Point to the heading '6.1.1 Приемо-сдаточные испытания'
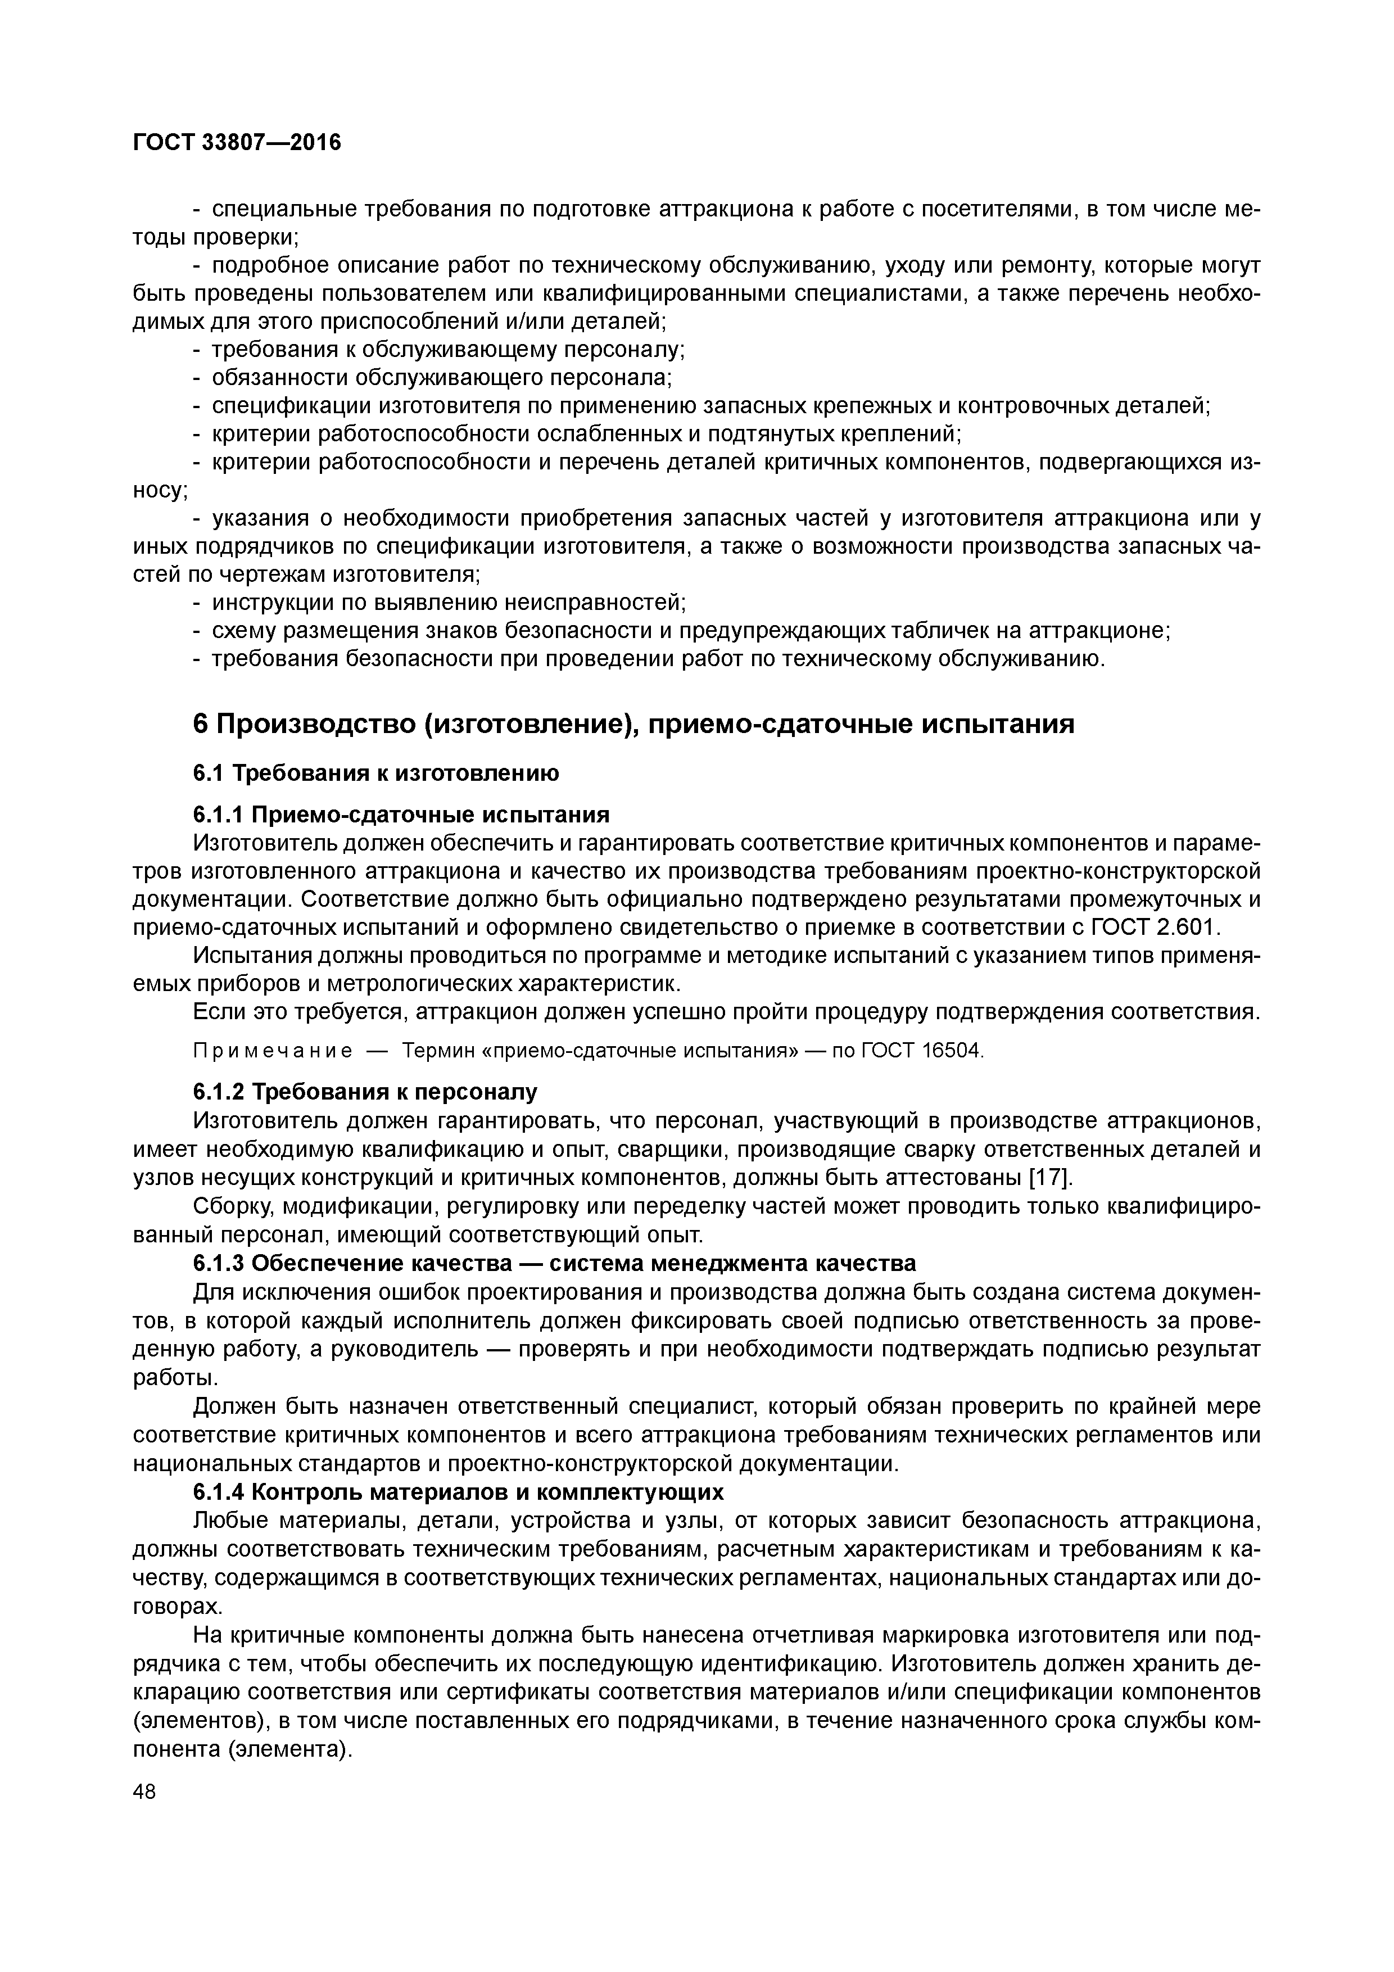click(x=401, y=813)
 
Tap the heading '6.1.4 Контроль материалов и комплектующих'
click(x=459, y=1490)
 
